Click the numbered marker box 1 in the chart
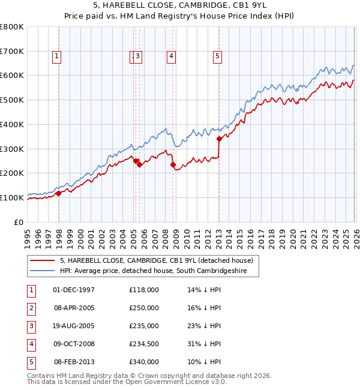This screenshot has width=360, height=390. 56,56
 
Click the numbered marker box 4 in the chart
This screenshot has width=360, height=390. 171,56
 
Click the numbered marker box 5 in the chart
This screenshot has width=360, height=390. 217,56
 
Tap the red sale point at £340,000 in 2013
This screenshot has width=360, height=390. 219,139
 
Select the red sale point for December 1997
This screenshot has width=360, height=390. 58,193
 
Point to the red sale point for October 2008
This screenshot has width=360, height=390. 173,164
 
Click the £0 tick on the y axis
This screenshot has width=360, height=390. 19,222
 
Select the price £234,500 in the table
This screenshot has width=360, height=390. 144,344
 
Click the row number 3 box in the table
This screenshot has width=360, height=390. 31,326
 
